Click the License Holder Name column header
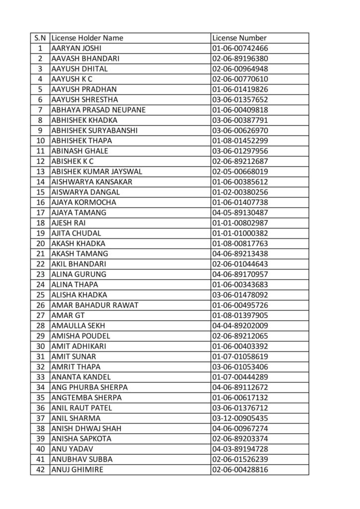point(87,38)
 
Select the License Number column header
point(239,38)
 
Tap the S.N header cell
point(40,38)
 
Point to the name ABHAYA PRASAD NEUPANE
point(98,110)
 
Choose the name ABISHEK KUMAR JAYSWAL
point(96,171)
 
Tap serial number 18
point(40,223)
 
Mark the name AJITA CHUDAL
point(76,233)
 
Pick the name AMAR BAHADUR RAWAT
point(94,305)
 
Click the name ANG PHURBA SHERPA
point(90,387)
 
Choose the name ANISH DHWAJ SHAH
point(87,428)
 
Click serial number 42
point(40,469)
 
